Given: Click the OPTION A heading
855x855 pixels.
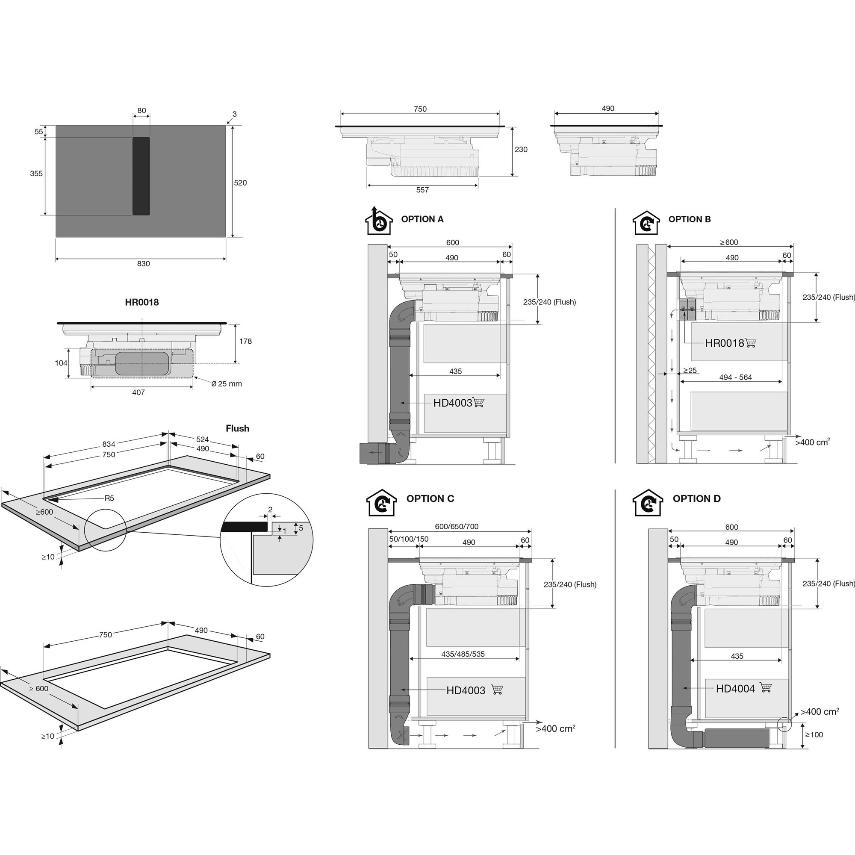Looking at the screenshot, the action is coord(422,219).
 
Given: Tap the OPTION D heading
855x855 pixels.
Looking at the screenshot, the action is coord(696,499).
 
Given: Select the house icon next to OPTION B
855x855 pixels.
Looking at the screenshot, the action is coord(646,222).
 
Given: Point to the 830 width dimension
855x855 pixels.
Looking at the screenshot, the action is coord(143,264).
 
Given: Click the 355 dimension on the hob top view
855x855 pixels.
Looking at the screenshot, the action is coord(36,174).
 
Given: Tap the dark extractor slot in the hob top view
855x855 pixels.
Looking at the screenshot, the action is coord(141,176).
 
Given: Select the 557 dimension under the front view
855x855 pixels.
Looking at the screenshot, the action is coord(423,190).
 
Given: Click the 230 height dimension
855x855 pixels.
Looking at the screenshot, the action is coord(521,150).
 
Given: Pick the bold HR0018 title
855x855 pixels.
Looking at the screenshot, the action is coord(142,302).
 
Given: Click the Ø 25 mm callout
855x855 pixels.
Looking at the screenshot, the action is coord(227,384).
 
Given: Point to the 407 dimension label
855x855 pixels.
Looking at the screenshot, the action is coord(139,392).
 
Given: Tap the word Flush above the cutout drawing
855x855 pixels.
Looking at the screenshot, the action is coord(238,428).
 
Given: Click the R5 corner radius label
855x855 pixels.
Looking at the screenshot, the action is coord(109,498).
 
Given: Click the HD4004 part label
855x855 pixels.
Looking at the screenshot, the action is coord(735,689).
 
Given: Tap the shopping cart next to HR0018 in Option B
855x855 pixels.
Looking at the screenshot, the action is coord(751,342).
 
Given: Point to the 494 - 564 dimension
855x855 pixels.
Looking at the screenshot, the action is coord(735,377).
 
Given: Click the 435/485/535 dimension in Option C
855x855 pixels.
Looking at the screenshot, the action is coord(463,654).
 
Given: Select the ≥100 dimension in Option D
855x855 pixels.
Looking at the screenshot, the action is coord(814,734).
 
